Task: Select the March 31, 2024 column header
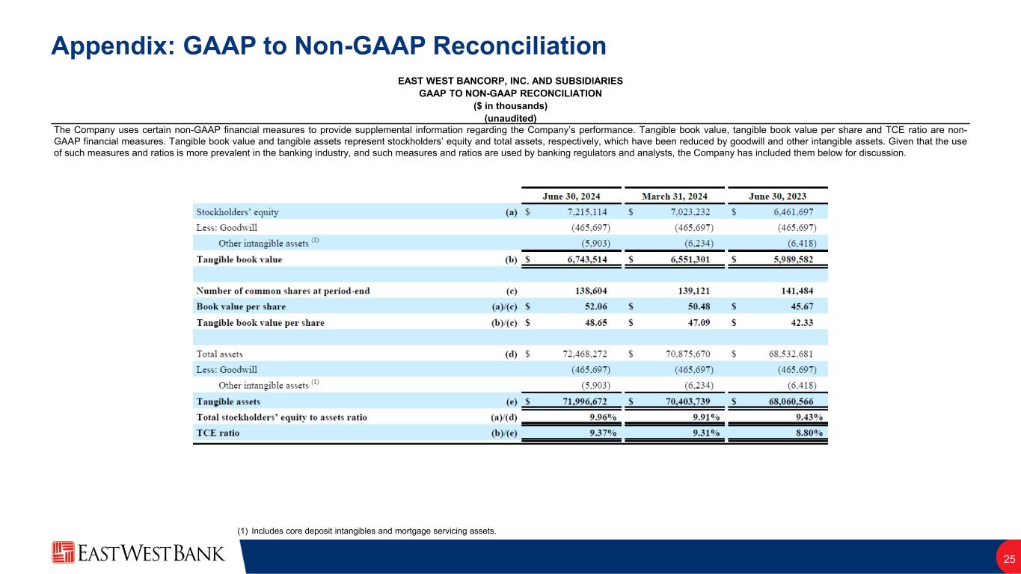pos(675,196)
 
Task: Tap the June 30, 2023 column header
pos(778,196)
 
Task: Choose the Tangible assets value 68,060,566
pos(785,401)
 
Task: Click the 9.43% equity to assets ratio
pos(808,417)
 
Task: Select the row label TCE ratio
pos(218,433)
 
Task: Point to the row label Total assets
pos(219,354)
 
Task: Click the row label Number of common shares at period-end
pos(283,291)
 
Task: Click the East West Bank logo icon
pos(63,553)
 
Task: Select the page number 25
pos(1009,559)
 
